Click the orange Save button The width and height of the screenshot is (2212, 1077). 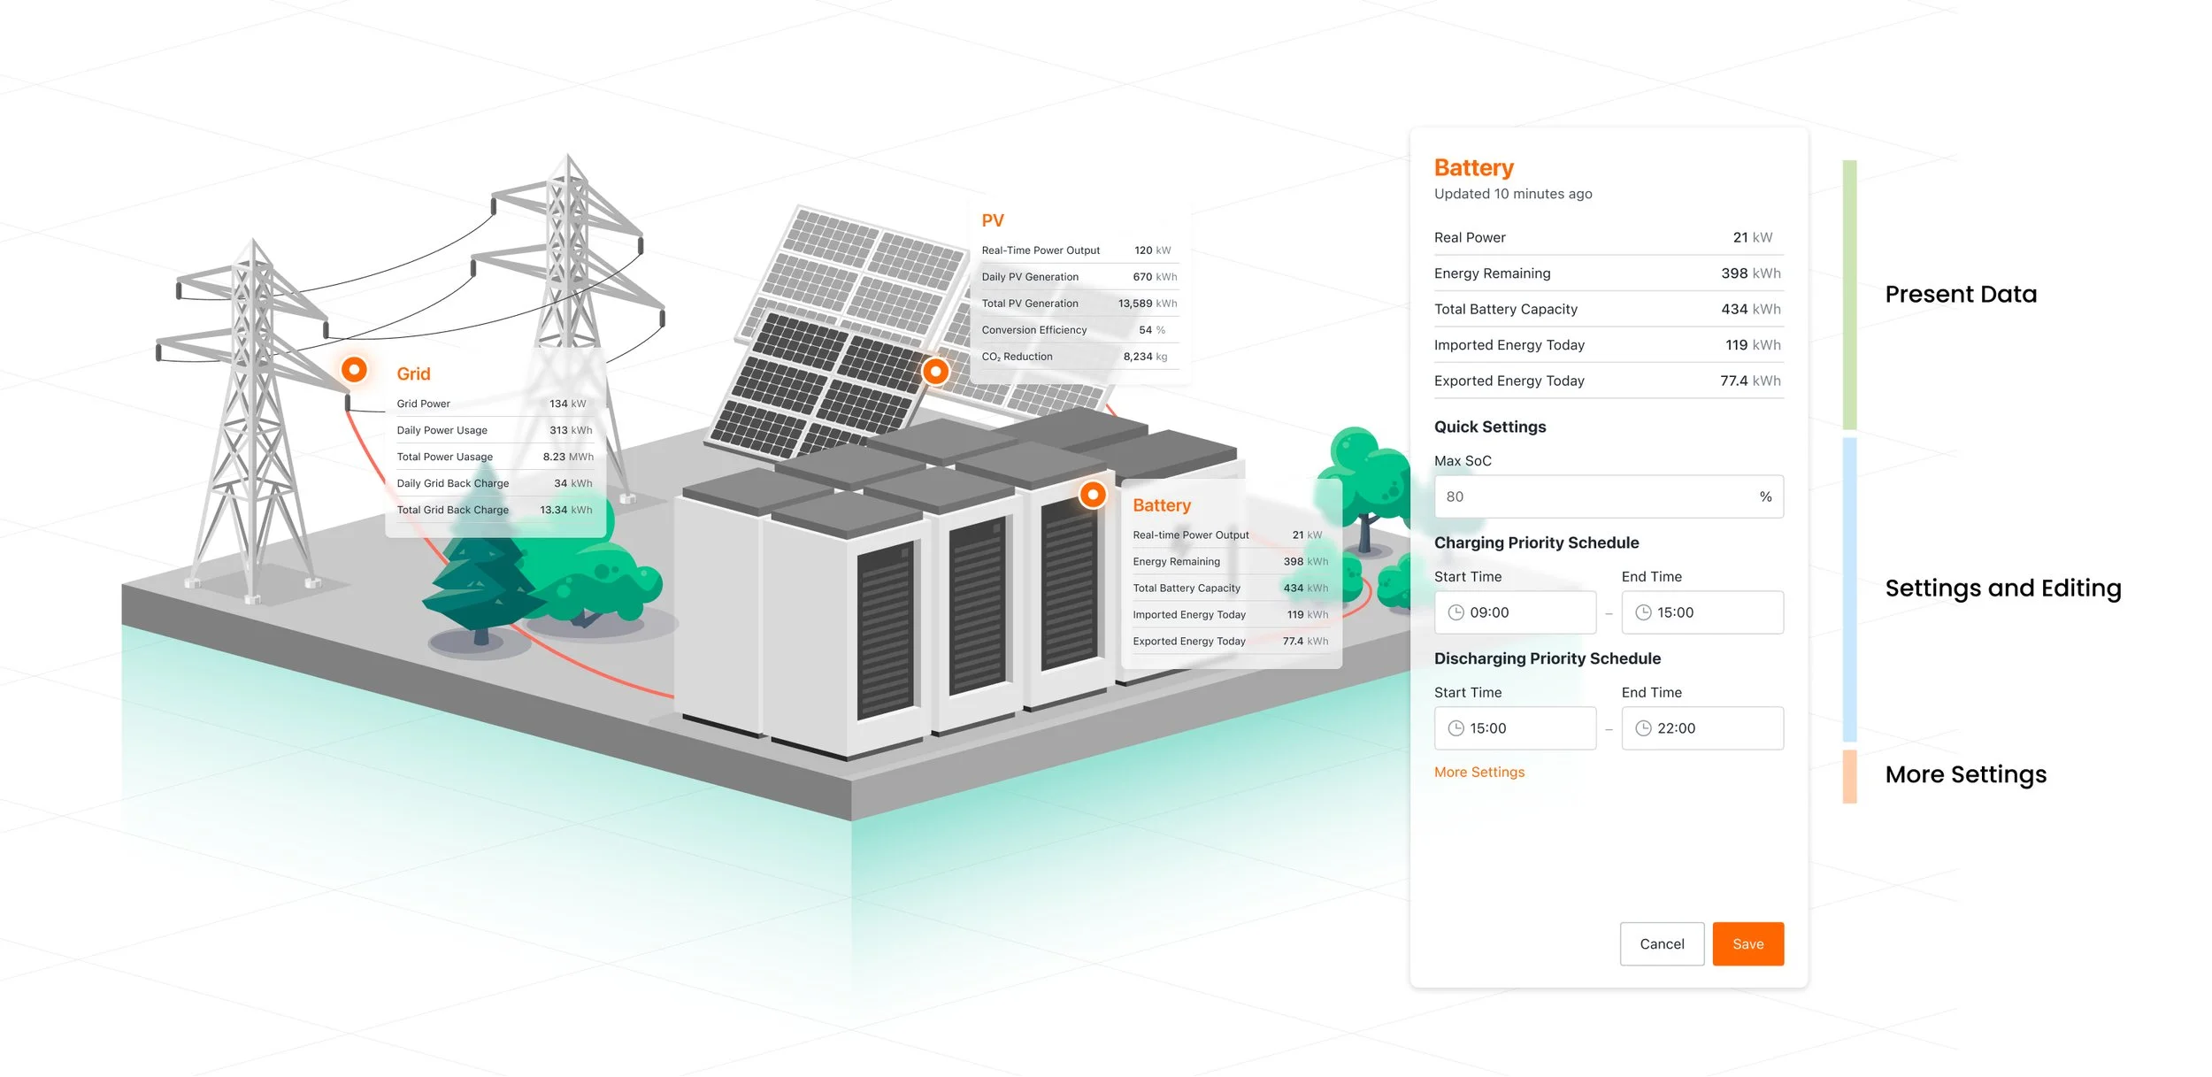[x=1747, y=944]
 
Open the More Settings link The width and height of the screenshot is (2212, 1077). [x=1479, y=773]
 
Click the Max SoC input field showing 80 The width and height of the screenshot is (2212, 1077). [x=1593, y=496]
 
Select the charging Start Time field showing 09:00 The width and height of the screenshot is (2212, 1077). [x=1515, y=612]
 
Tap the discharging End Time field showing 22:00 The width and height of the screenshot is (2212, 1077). [x=1701, y=728]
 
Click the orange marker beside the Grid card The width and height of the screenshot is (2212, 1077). [x=354, y=369]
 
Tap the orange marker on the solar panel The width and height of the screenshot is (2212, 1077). [x=935, y=372]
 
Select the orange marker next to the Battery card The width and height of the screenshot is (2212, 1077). [x=1093, y=495]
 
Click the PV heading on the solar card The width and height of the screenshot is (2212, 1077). [x=993, y=220]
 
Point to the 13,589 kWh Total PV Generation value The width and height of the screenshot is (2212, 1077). [x=1147, y=304]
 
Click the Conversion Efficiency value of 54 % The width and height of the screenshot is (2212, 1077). [x=1151, y=330]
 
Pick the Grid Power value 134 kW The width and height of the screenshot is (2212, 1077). [x=567, y=404]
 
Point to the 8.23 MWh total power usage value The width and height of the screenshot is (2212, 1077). [x=567, y=457]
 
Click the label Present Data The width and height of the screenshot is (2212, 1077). [x=1961, y=295]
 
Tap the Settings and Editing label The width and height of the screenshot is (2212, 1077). [x=2003, y=589]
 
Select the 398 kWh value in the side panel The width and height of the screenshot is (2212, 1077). [x=1750, y=273]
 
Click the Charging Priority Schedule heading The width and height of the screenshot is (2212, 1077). [x=1536, y=542]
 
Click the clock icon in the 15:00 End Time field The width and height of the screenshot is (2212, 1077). [x=1643, y=612]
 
